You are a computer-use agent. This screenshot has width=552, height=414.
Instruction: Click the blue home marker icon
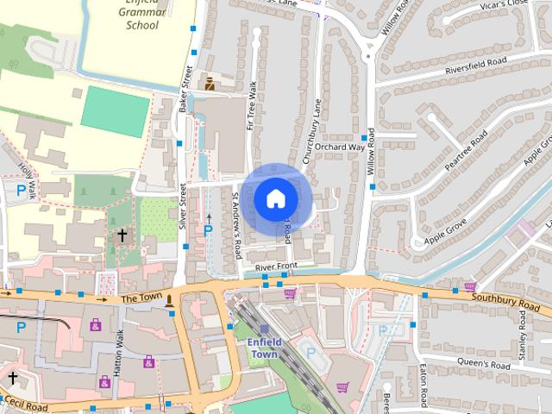274,198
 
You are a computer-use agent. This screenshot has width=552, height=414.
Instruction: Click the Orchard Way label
340,147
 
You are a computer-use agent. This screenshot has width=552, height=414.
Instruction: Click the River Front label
275,265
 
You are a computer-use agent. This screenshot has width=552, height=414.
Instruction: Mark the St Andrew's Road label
236,227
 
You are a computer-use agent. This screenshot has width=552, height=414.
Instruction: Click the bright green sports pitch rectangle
115,112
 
